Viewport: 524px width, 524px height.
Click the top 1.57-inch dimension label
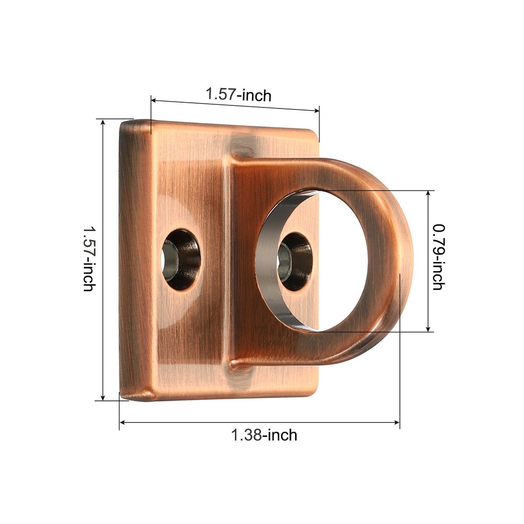coord(238,95)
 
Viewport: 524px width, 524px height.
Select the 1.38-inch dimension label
coord(264,434)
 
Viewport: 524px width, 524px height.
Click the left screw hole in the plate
coord(181,259)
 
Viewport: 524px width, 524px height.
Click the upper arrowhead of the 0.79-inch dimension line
coord(429,193)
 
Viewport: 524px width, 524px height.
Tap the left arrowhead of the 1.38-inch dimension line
coord(123,421)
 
